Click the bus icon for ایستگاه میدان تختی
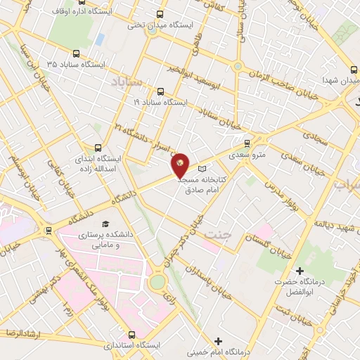click(160, 14)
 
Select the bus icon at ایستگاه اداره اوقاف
click(44, 13)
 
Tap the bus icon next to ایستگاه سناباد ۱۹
click(160, 91)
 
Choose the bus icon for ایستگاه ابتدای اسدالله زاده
click(97, 148)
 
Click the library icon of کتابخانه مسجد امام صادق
click(203, 169)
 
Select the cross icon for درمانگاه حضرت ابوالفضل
click(300, 271)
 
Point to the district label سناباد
click(127, 83)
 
